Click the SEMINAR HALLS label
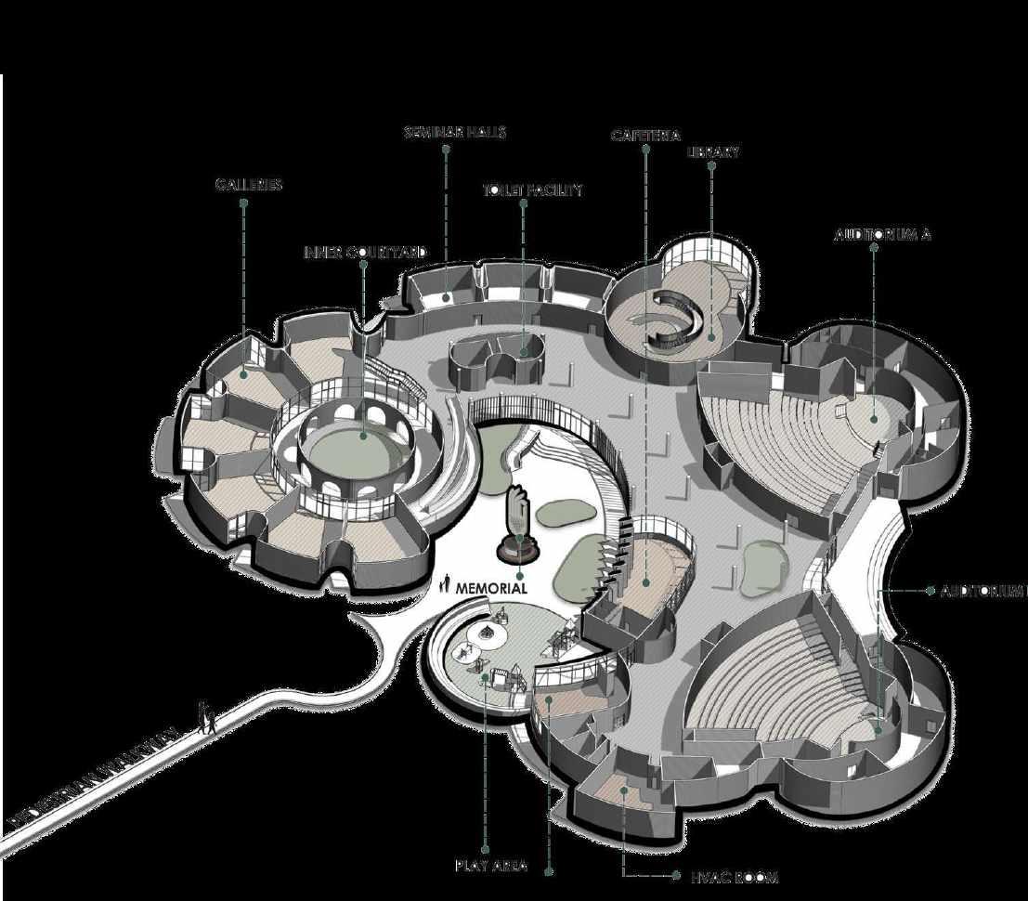coord(454,133)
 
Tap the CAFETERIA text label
coord(645,136)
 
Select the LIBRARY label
coord(712,152)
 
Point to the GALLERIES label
coord(248,185)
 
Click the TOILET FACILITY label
coord(532,190)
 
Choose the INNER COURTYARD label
coord(366,253)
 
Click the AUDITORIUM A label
coord(882,235)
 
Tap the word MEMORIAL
coord(491,588)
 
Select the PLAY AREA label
coord(491,866)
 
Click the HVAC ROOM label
coord(734,877)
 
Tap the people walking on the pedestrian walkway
coord(209,718)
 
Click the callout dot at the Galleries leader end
coord(244,374)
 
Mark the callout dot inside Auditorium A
coord(874,419)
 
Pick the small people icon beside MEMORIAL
coord(447,584)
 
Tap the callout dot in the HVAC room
coord(624,790)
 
